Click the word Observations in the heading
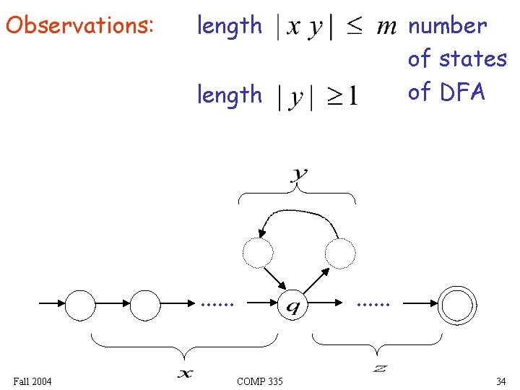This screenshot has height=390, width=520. pyautogui.click(x=79, y=26)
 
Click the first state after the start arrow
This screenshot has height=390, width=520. pyautogui.click(x=80, y=305)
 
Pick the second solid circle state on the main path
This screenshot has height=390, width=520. pyautogui.click(x=145, y=305)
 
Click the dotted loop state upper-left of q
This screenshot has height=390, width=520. pyautogui.click(x=258, y=253)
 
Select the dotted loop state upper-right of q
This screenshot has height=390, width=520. pyautogui.click(x=340, y=253)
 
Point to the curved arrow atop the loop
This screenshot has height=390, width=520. pyautogui.click(x=298, y=213)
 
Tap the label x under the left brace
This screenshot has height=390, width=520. pyautogui.click(x=186, y=373)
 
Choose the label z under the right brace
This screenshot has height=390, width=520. pyautogui.click(x=379, y=369)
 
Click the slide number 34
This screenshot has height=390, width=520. pyautogui.click(x=500, y=381)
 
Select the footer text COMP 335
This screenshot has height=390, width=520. pyautogui.click(x=259, y=381)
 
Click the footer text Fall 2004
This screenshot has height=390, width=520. pyautogui.click(x=32, y=381)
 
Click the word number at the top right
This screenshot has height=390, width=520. pyautogui.click(x=448, y=26)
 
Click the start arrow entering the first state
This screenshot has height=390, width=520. pyautogui.click(x=51, y=305)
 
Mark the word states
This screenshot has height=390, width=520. pyautogui.click(x=476, y=58)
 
